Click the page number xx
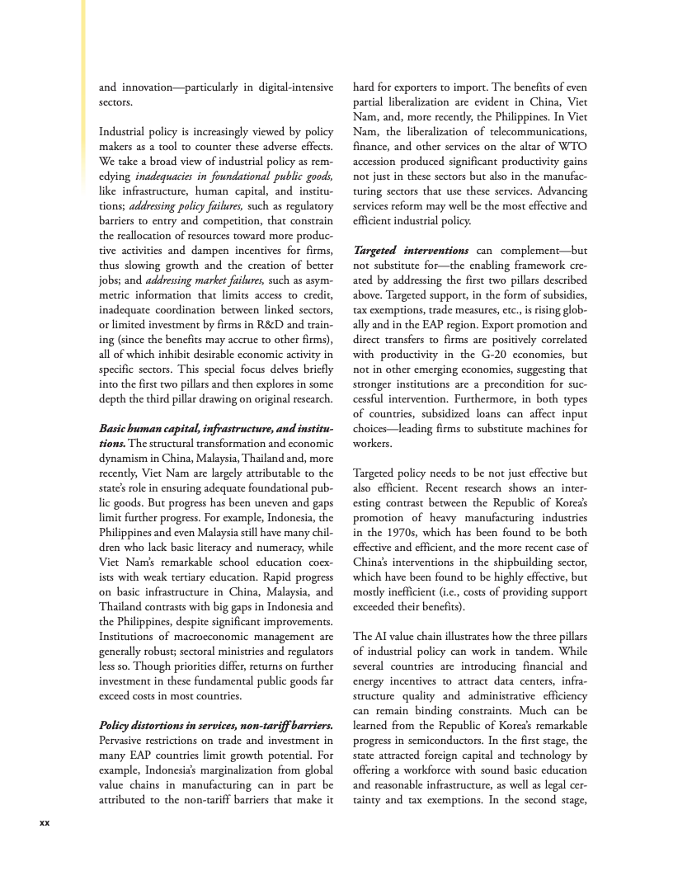point(45,822)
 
